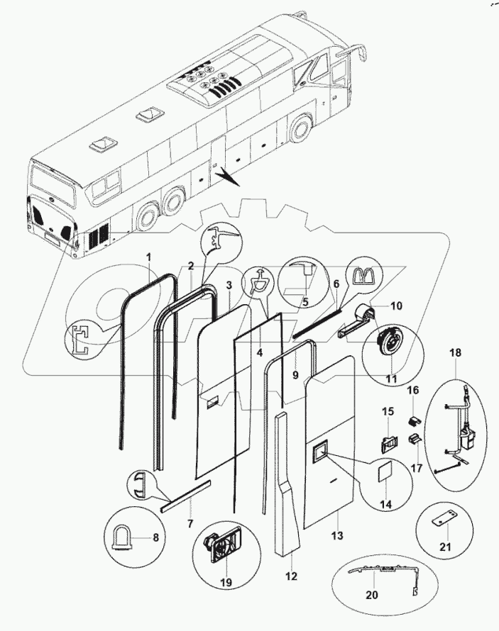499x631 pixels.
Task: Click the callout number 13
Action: click(x=337, y=536)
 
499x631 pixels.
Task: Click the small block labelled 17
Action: click(x=413, y=440)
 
